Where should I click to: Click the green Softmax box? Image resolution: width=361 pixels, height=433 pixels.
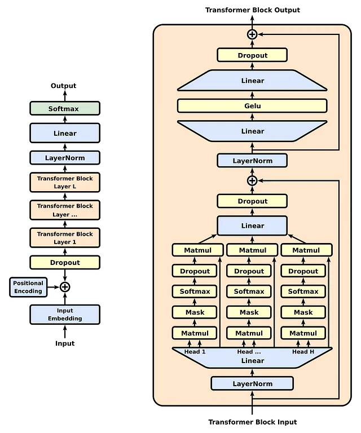coord(65,108)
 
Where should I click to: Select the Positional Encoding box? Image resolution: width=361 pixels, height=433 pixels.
coord(28,287)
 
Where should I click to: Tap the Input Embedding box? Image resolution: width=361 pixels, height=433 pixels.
coord(65,315)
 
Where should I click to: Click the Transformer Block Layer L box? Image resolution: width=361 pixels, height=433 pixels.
coord(65,182)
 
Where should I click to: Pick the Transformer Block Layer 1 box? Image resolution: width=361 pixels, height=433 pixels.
coord(65,238)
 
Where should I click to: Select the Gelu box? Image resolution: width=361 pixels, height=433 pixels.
coord(252,106)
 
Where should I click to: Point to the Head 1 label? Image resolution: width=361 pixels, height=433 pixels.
coord(195,352)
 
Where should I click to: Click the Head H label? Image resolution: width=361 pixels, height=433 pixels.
coord(303,352)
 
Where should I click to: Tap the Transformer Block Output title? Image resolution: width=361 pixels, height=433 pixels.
coord(253,10)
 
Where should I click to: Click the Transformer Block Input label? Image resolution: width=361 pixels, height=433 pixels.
coord(253,422)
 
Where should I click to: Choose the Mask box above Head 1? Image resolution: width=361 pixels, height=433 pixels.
coord(195,312)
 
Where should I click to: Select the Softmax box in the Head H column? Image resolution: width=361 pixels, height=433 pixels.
coord(303,291)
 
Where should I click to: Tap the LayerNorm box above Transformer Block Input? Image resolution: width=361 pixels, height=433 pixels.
coord(252,383)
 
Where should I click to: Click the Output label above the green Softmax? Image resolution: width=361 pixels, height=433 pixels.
coord(64,86)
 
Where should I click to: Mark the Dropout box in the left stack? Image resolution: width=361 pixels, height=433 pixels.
coord(65,262)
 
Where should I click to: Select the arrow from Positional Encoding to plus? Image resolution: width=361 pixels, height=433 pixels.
coord(54,287)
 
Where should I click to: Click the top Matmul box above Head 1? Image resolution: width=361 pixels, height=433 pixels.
coord(198,250)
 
